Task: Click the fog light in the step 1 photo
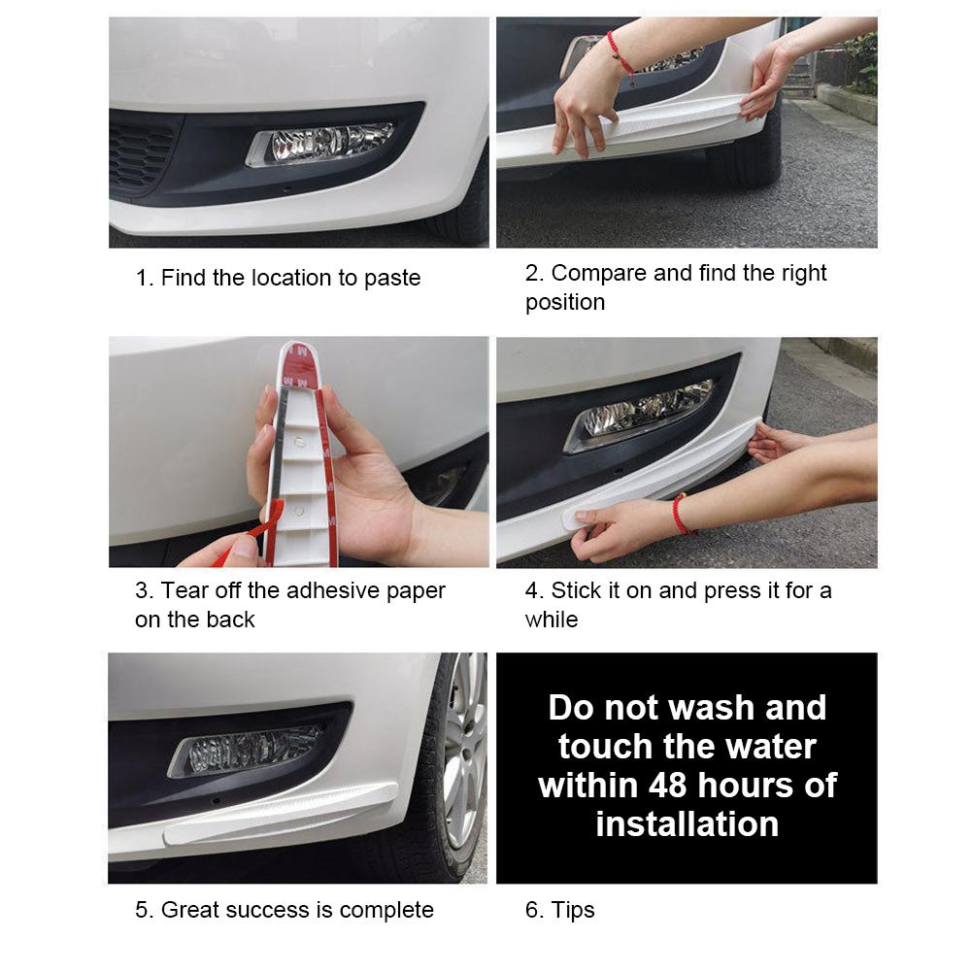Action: click(x=320, y=144)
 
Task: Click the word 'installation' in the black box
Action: click(x=687, y=824)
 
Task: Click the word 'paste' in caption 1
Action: click(x=392, y=279)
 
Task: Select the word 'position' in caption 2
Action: click(x=565, y=303)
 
